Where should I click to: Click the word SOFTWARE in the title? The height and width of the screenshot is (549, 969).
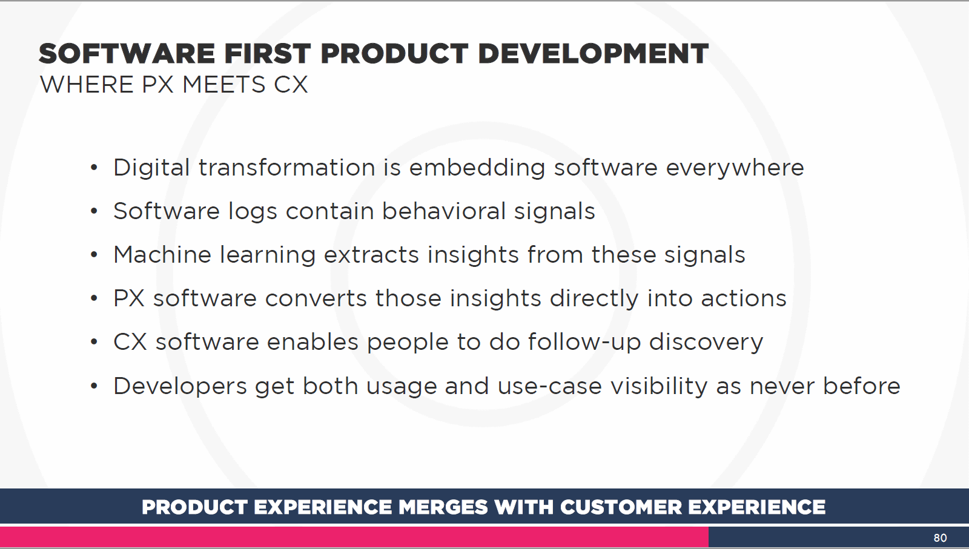coord(127,54)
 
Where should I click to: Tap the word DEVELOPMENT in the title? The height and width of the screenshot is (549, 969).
coord(593,54)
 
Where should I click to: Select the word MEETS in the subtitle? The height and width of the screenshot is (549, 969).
coord(223,84)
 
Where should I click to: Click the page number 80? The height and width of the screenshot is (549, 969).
coord(940,537)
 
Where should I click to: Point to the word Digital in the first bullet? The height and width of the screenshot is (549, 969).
coord(151,168)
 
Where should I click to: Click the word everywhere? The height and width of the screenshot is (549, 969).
coord(735,168)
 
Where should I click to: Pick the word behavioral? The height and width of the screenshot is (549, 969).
coord(444,211)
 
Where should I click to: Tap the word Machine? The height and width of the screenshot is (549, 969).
coord(162,255)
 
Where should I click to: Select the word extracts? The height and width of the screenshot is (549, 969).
coord(372,255)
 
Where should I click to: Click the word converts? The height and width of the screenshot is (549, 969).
coord(316,298)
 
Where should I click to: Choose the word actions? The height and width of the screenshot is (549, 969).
coord(744,298)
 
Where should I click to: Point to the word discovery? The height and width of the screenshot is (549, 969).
coord(706,343)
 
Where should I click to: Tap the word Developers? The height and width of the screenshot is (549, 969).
coord(180,386)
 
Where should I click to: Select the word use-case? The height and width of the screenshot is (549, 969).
coord(550,386)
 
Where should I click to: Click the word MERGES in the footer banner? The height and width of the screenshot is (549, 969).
coord(443,507)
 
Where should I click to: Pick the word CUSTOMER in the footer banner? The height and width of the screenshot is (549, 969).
coord(621,507)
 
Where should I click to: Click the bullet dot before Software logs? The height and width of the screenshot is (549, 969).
coord(94,211)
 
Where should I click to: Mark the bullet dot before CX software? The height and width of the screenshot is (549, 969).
coord(94,343)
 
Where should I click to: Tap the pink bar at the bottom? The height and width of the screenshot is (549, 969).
coord(354,536)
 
